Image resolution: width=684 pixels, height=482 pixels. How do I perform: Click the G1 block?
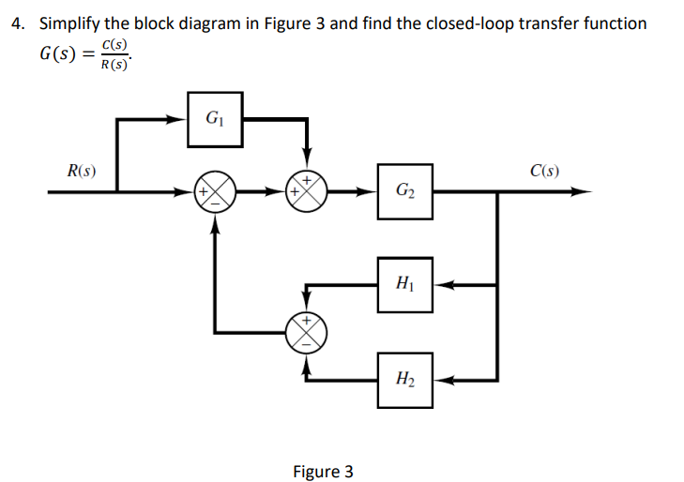(x=215, y=119)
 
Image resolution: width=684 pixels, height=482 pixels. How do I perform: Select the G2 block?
(x=405, y=192)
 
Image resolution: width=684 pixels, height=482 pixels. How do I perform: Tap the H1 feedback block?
(x=405, y=283)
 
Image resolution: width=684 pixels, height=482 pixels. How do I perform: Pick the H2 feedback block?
(x=405, y=380)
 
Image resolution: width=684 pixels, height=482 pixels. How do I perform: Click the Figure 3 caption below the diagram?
(x=323, y=471)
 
